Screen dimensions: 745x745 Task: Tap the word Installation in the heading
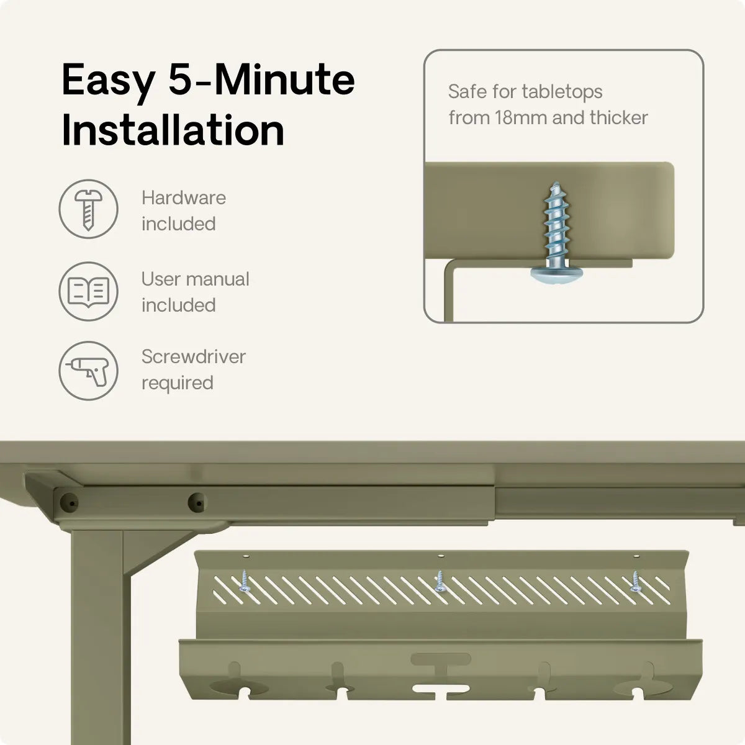pyautogui.click(x=173, y=130)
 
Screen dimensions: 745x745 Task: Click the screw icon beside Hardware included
pyautogui.click(x=89, y=209)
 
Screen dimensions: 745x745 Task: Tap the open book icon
pyautogui.click(x=89, y=292)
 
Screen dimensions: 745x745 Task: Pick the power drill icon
pyautogui.click(x=89, y=371)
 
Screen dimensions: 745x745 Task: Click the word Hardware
pyautogui.click(x=184, y=198)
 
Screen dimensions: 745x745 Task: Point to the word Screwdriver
pyautogui.click(x=193, y=356)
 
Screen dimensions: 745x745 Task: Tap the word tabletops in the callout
pyautogui.click(x=562, y=92)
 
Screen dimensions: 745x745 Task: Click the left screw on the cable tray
pyautogui.click(x=245, y=582)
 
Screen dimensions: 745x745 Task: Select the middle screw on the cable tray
pyautogui.click(x=439, y=582)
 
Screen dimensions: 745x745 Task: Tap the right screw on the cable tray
pyautogui.click(x=635, y=582)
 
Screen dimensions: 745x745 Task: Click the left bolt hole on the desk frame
pyautogui.click(x=70, y=503)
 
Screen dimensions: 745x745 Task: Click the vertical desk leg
pyautogui.click(x=97, y=638)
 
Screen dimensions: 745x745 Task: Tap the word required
pyautogui.click(x=178, y=383)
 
